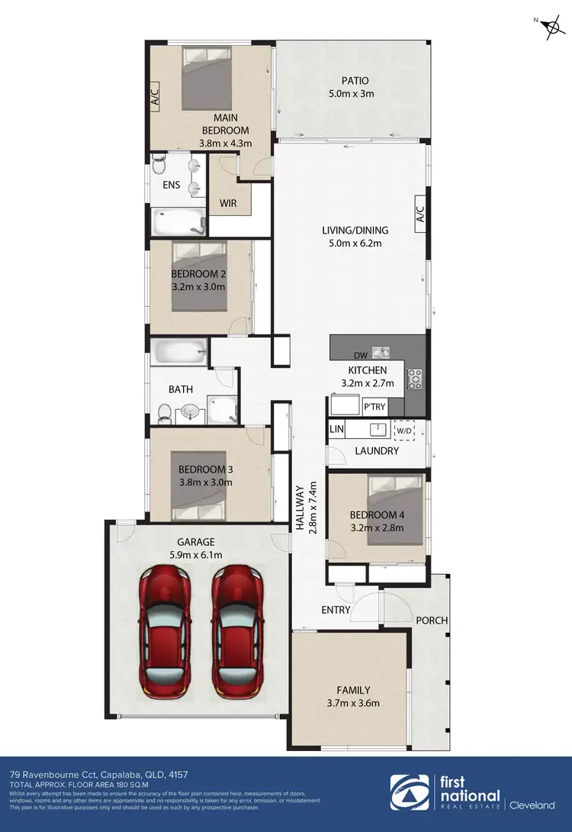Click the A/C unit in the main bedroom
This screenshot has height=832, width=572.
coord(154,97)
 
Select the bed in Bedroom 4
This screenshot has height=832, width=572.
coord(395,509)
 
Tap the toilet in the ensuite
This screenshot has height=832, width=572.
coord(159,165)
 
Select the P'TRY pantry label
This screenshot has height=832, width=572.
coord(374,407)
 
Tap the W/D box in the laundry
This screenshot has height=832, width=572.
coord(404,431)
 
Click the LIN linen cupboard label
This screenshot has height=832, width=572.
coord(336,430)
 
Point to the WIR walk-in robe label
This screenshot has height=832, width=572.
coord(228,204)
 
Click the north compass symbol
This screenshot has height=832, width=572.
coord(549,27)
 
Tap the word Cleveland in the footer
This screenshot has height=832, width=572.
coord(533,805)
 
